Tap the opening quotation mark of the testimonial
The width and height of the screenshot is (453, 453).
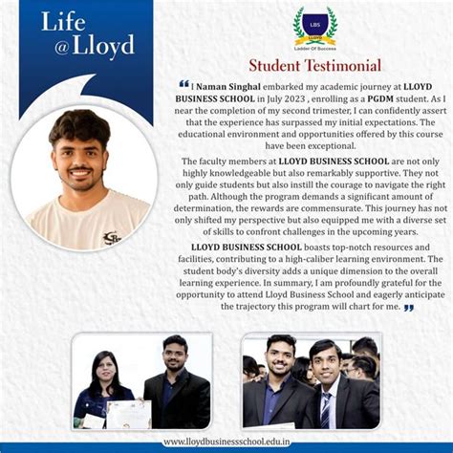coord(183,85)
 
